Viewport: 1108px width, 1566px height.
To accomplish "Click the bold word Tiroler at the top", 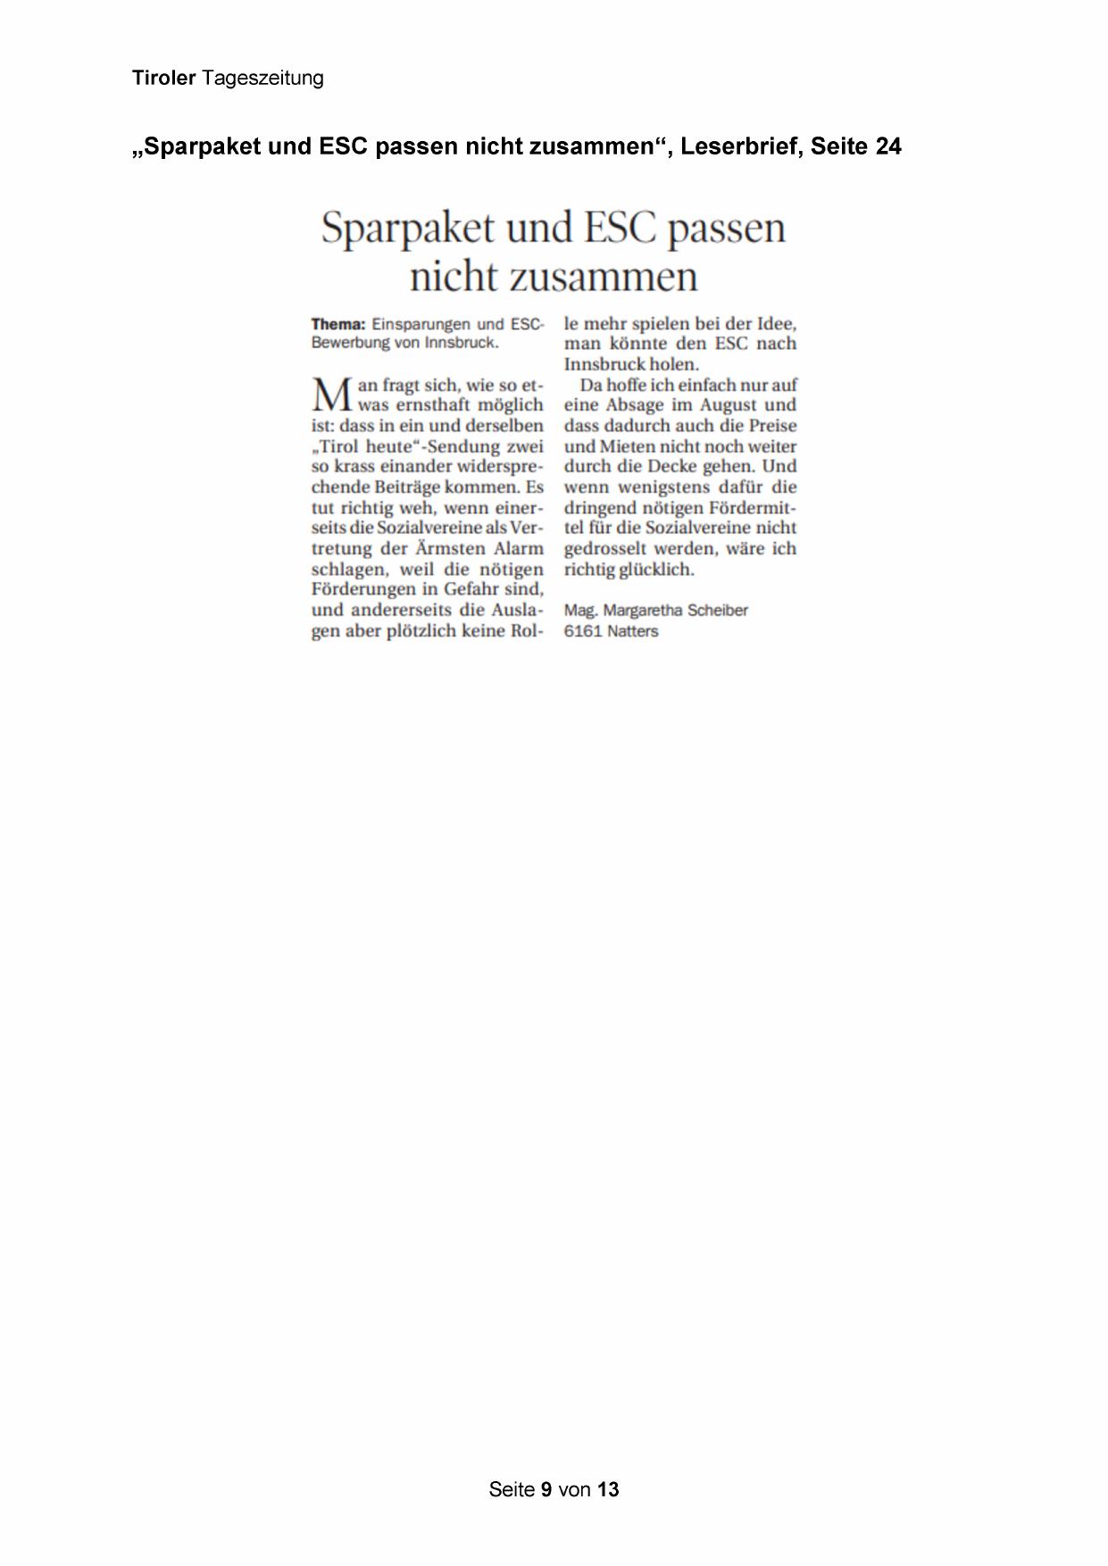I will click(163, 79).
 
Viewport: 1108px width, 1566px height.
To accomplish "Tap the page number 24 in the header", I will click(888, 146).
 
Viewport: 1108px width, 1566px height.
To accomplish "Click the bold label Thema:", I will click(338, 324).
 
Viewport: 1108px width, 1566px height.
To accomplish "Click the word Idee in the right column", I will click(776, 323).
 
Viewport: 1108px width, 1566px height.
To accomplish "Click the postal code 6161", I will click(582, 631).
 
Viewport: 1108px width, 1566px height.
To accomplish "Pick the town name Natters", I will click(633, 631).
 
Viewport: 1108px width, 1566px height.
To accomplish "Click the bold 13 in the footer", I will click(608, 1489).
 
